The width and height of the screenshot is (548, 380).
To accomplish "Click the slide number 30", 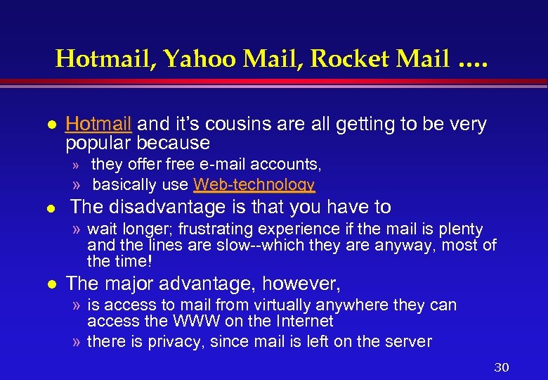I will (x=501, y=367).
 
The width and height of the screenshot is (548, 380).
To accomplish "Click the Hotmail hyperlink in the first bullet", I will (x=98, y=125).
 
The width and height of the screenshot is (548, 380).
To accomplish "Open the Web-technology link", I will (x=254, y=184).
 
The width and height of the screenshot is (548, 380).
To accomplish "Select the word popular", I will (x=99, y=143).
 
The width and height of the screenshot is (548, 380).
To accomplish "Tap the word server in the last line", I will (x=408, y=341).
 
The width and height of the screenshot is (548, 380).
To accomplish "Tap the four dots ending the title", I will (x=472, y=63).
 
